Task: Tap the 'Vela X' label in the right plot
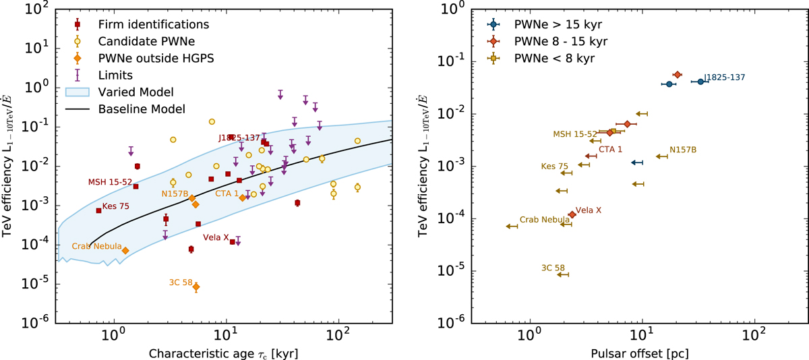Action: pos(589,210)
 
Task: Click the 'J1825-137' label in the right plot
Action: pos(724,78)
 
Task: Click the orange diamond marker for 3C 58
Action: pos(196,287)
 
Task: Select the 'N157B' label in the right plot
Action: pos(682,149)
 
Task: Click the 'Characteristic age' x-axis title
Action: pos(223,353)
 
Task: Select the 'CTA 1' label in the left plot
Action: pos(227,193)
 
